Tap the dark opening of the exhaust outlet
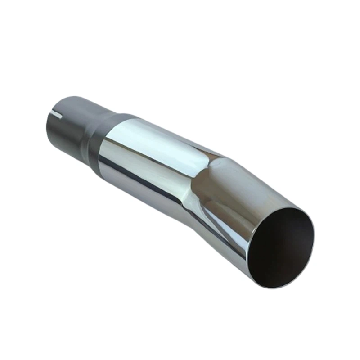[281, 250]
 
